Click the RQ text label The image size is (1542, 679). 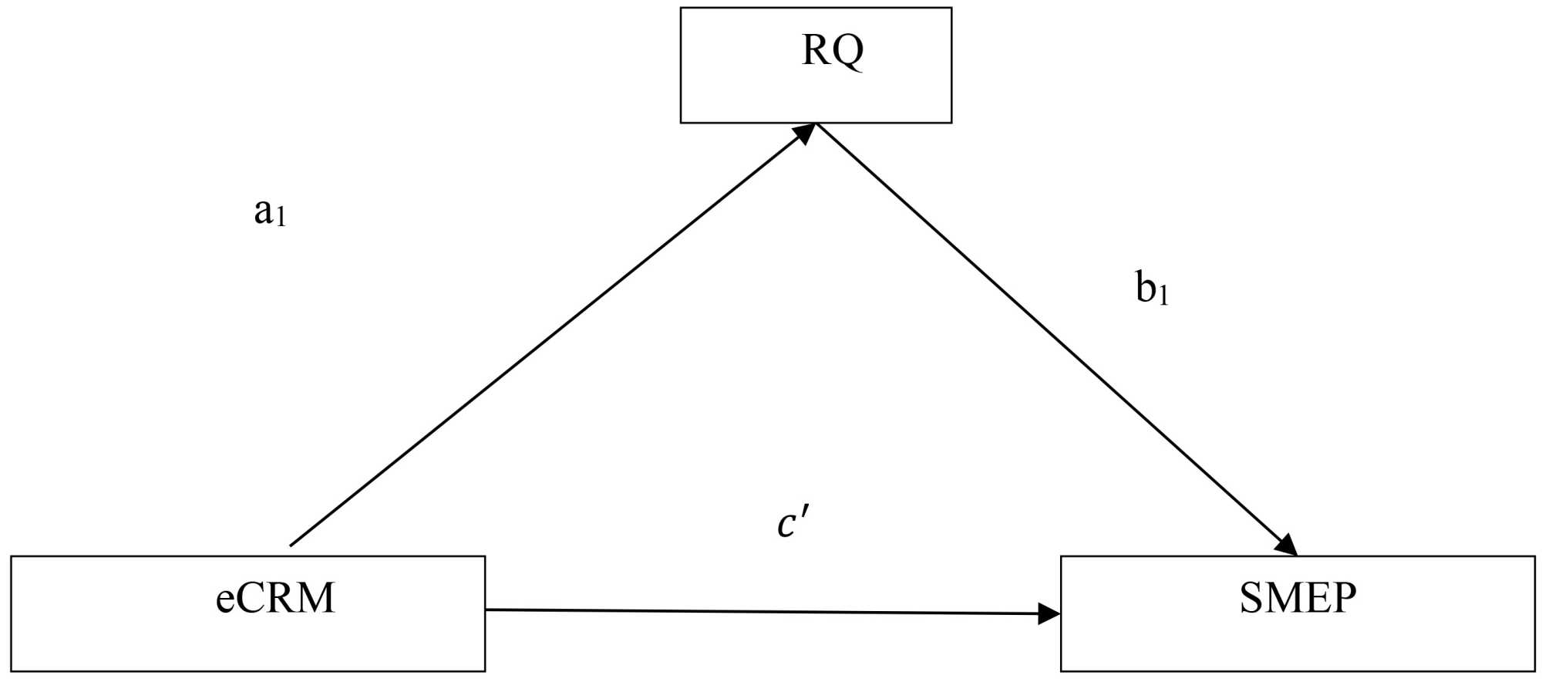(833, 51)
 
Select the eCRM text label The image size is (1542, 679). (275, 598)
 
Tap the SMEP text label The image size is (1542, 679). (1298, 598)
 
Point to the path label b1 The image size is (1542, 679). (1152, 289)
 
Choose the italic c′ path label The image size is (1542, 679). (792, 523)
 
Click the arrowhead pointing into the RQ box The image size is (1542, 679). (806, 133)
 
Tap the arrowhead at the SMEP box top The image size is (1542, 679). (1286, 545)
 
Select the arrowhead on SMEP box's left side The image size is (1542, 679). (1049, 614)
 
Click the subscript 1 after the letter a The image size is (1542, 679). (281, 218)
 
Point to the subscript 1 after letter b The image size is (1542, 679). (1163, 295)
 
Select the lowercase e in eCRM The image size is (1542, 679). (224, 601)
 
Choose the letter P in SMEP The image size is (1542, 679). (1343, 598)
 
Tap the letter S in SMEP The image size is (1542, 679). (1251, 598)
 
